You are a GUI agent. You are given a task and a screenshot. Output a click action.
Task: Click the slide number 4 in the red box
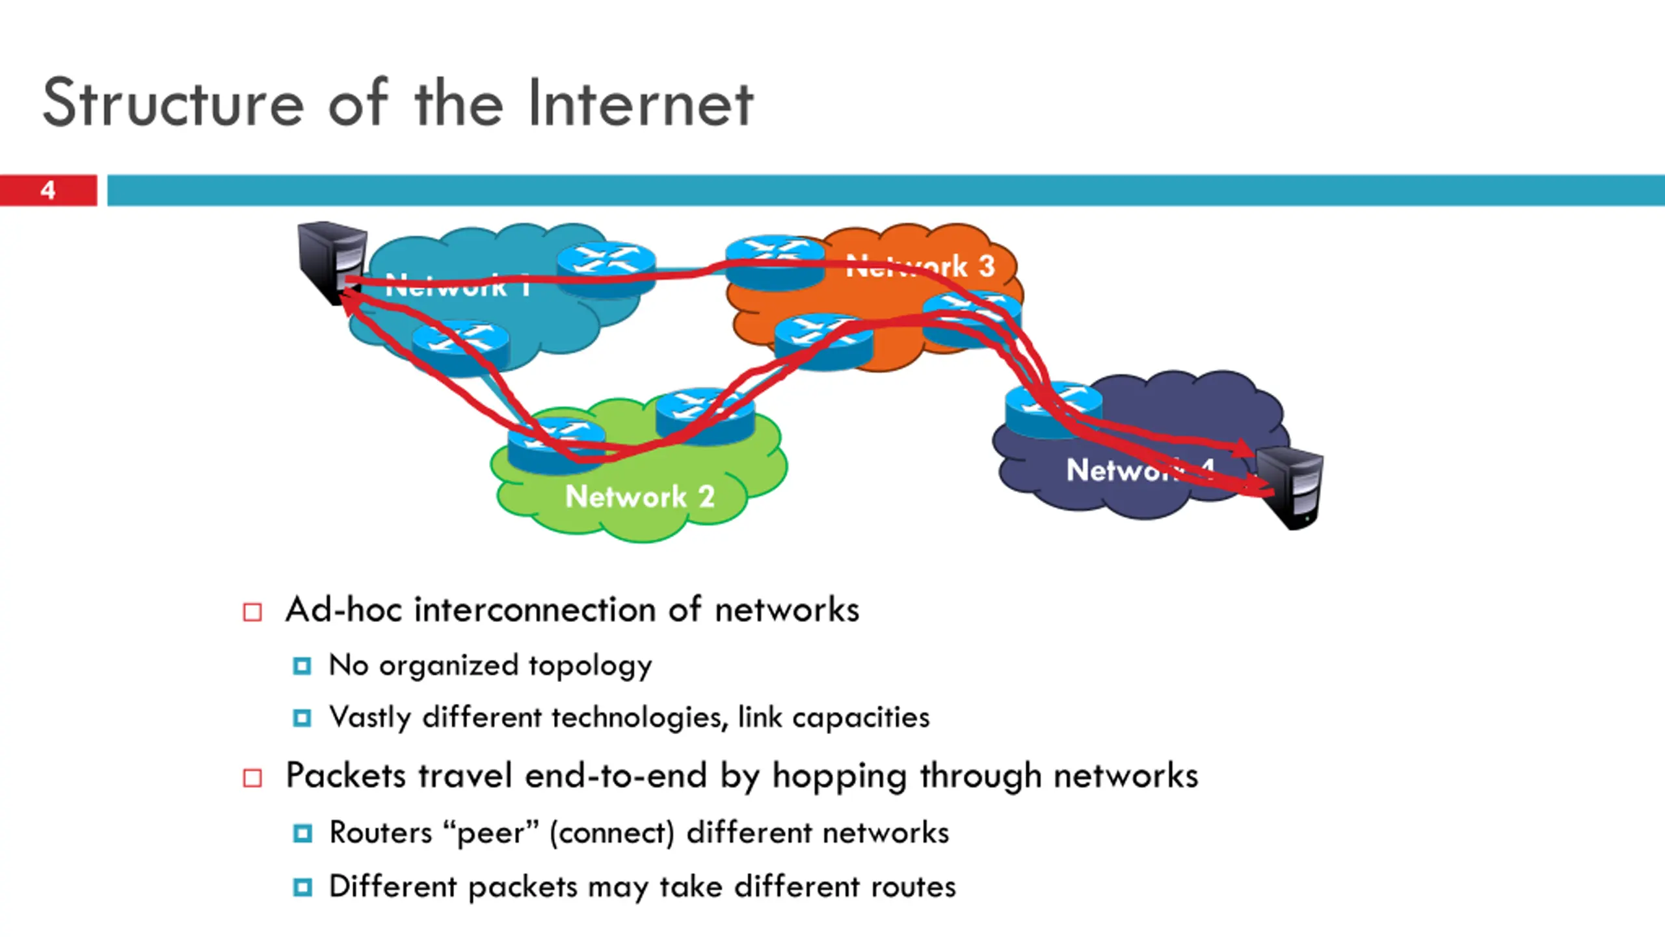(x=47, y=190)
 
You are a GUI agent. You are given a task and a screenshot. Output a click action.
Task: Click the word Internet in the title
(x=640, y=104)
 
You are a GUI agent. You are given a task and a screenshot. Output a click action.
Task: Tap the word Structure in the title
(x=173, y=104)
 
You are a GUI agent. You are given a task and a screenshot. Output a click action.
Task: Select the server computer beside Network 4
(x=1289, y=488)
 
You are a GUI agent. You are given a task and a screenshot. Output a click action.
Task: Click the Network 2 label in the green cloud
(x=640, y=497)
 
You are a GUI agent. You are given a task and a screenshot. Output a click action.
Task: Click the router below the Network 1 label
(x=460, y=347)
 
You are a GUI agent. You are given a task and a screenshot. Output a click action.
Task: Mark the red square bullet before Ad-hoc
(x=252, y=612)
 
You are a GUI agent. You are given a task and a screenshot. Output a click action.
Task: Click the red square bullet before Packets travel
(x=252, y=778)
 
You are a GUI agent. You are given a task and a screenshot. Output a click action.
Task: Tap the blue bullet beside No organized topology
(x=302, y=666)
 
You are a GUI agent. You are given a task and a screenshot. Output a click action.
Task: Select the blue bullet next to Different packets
(x=302, y=888)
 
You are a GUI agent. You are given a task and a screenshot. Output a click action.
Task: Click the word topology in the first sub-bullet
(x=590, y=666)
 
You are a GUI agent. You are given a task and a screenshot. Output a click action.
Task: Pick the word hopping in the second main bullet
(x=840, y=776)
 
